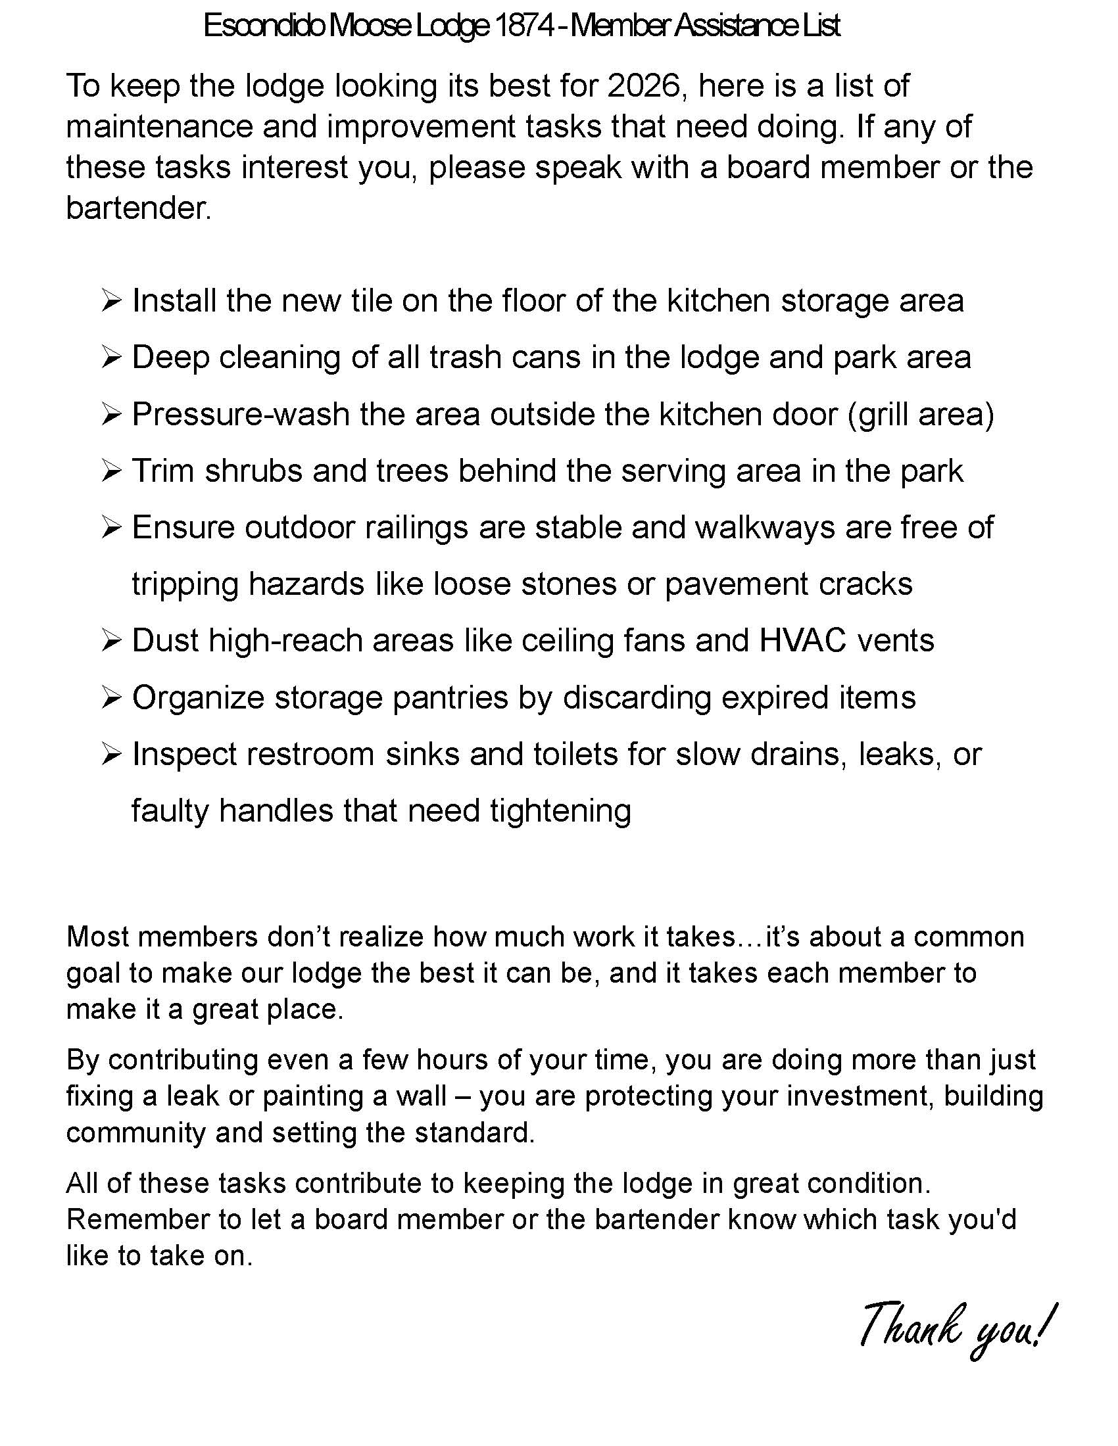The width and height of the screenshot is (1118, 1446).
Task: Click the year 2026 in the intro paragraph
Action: pyautogui.click(x=644, y=86)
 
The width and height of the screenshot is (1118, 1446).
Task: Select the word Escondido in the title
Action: pyautogui.click(x=264, y=26)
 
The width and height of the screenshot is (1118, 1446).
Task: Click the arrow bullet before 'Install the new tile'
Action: pyautogui.click(x=111, y=302)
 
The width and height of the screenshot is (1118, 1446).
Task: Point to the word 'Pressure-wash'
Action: pyautogui.click(x=241, y=415)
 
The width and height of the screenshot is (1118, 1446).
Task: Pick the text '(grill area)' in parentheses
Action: pyautogui.click(x=921, y=415)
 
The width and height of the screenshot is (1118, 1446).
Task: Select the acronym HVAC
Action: pyautogui.click(x=803, y=641)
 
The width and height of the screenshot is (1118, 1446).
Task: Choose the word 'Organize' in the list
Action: pyautogui.click(x=199, y=698)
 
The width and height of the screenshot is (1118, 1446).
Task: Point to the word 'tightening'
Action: pyautogui.click(x=560, y=811)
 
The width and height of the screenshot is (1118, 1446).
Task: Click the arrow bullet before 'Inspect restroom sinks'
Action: pyautogui.click(x=111, y=755)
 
